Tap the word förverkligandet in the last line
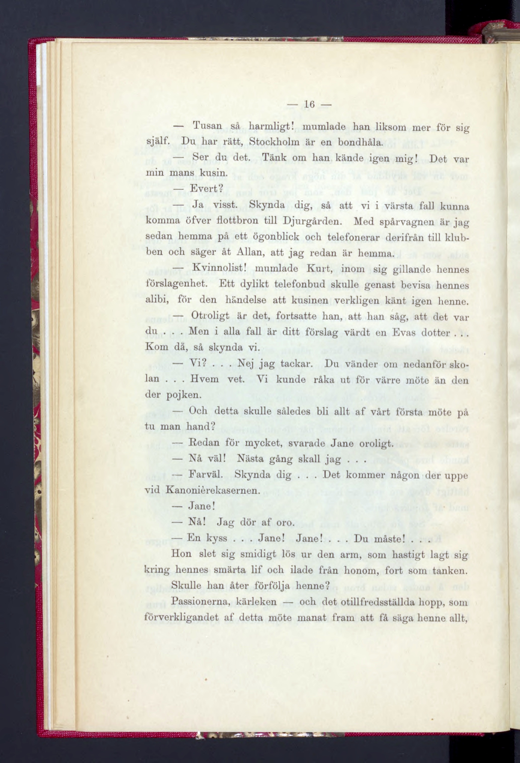(x=182, y=618)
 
